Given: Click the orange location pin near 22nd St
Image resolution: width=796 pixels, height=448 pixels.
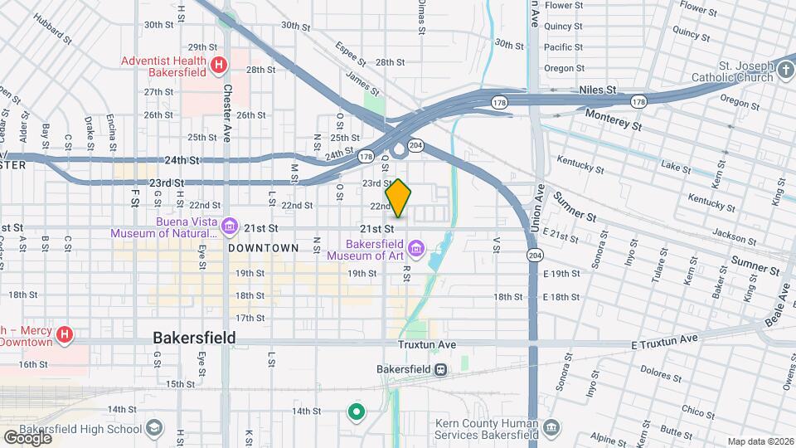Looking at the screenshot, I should (398, 197).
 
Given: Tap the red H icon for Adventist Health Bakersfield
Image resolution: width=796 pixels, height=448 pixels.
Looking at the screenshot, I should (218, 64).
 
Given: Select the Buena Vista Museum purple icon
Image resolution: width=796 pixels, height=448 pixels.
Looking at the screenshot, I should (230, 225).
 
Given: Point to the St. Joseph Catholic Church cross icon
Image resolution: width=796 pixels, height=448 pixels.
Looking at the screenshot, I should (785, 71).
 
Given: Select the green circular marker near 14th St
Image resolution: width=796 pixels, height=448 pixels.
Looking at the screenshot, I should (357, 411).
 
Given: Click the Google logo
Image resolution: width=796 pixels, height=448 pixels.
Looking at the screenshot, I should (27, 437).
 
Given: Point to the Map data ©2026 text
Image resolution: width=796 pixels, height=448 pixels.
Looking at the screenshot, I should (760, 441).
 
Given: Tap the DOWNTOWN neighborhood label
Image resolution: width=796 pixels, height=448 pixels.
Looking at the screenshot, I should (263, 248).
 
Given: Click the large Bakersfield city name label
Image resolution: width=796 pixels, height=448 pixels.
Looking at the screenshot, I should (194, 338).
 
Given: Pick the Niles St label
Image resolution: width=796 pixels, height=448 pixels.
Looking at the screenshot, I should (598, 90).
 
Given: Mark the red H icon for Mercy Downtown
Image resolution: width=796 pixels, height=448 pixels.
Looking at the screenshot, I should (64, 336).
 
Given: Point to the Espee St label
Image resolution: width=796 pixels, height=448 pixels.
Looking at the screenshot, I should (351, 53).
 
